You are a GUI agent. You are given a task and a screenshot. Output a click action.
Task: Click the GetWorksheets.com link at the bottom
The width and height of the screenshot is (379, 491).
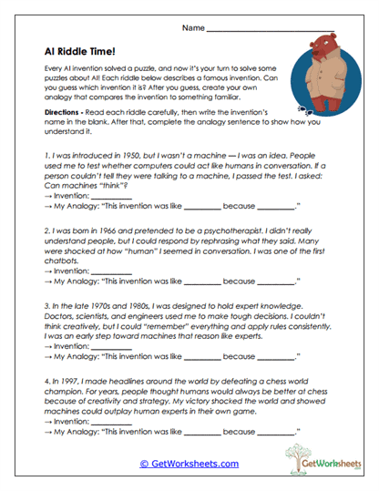pyautogui.click(x=194, y=464)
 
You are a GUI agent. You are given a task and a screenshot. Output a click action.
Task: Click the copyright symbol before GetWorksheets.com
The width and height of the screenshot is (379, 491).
pyautogui.click(x=144, y=464)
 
